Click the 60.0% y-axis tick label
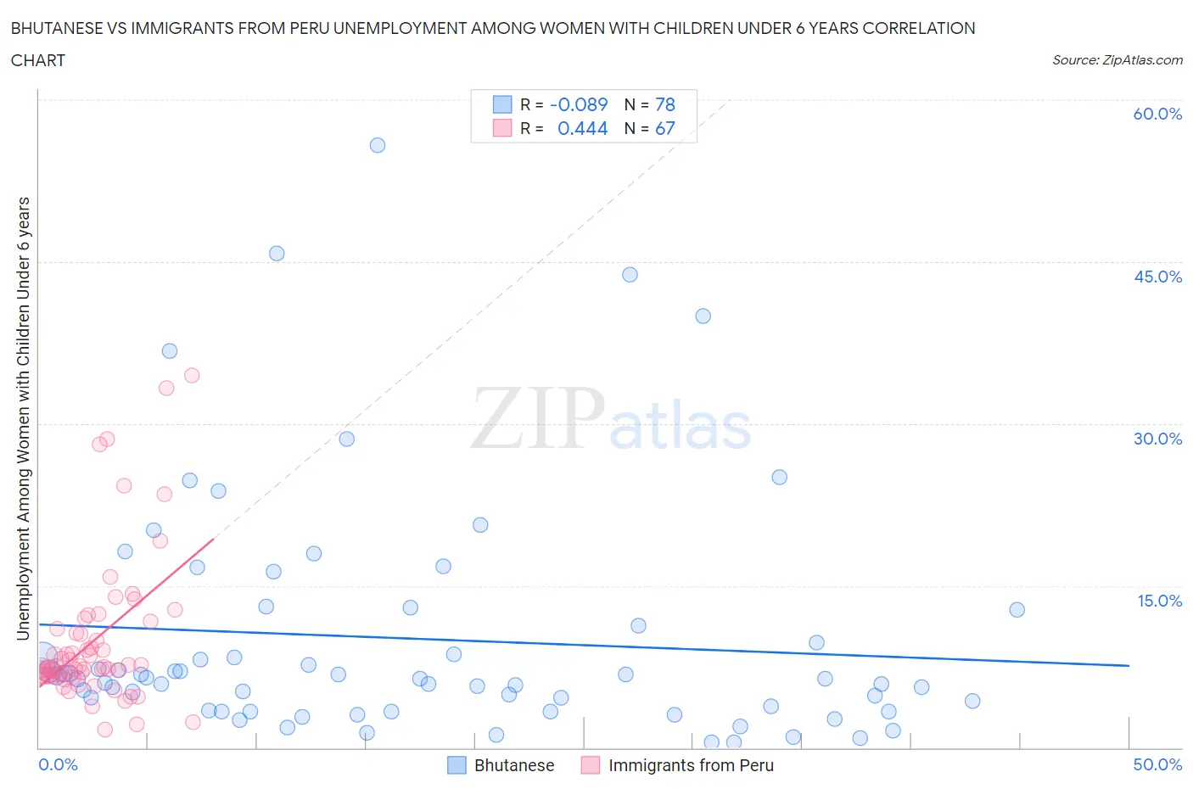(1157, 114)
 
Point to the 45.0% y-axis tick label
(1157, 277)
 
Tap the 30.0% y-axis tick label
(1157, 439)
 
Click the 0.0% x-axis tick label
(58, 764)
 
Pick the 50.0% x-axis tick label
(1157, 764)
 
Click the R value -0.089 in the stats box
(579, 104)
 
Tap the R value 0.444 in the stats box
(582, 128)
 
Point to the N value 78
(665, 104)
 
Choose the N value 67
(665, 128)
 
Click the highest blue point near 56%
(378, 145)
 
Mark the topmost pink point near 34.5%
(192, 375)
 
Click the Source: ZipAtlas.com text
(1117, 59)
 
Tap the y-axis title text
(23, 418)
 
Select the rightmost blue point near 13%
(1017, 609)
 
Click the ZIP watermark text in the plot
(536, 418)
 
